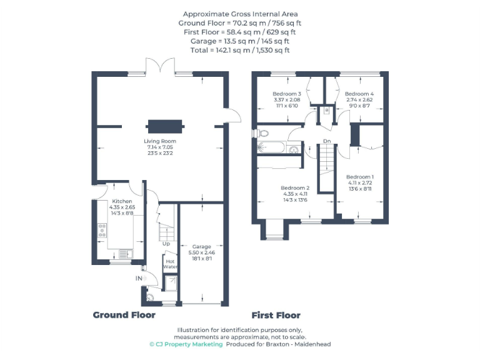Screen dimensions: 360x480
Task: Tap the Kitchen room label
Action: (x=122, y=201)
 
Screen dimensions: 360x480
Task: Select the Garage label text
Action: (x=201, y=246)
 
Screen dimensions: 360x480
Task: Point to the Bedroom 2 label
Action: (x=295, y=187)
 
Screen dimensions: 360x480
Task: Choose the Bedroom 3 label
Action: (x=287, y=94)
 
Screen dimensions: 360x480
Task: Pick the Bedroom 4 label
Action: (x=359, y=94)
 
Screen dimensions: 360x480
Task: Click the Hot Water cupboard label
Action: (x=171, y=264)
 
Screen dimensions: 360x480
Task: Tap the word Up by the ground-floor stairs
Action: (x=166, y=244)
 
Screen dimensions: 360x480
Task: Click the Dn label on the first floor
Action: (x=326, y=141)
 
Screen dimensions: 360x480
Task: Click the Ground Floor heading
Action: (x=124, y=315)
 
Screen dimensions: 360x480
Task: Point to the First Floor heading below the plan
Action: (x=276, y=315)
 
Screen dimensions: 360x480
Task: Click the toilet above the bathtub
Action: (x=262, y=133)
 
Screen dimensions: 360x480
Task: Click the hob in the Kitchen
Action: (x=102, y=232)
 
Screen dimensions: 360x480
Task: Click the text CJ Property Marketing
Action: (x=186, y=344)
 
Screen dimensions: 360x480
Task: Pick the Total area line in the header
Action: (x=240, y=50)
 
